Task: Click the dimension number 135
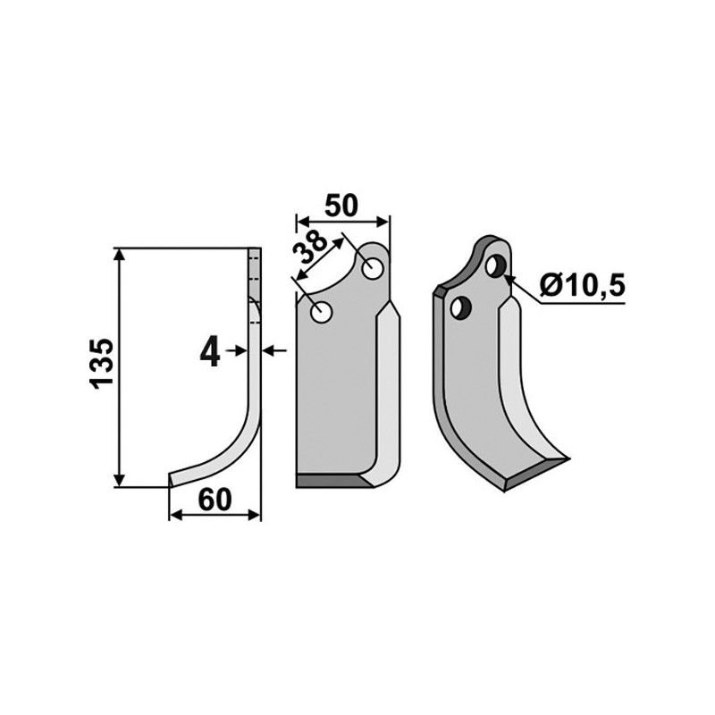coord(102,363)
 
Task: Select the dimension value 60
coord(214,499)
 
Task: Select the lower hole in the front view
coord(321,313)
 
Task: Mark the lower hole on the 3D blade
coord(460,307)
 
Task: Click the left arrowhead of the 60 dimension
coord(174,515)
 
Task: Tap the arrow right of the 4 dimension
coord(274,351)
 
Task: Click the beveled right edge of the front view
coord(390,393)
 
